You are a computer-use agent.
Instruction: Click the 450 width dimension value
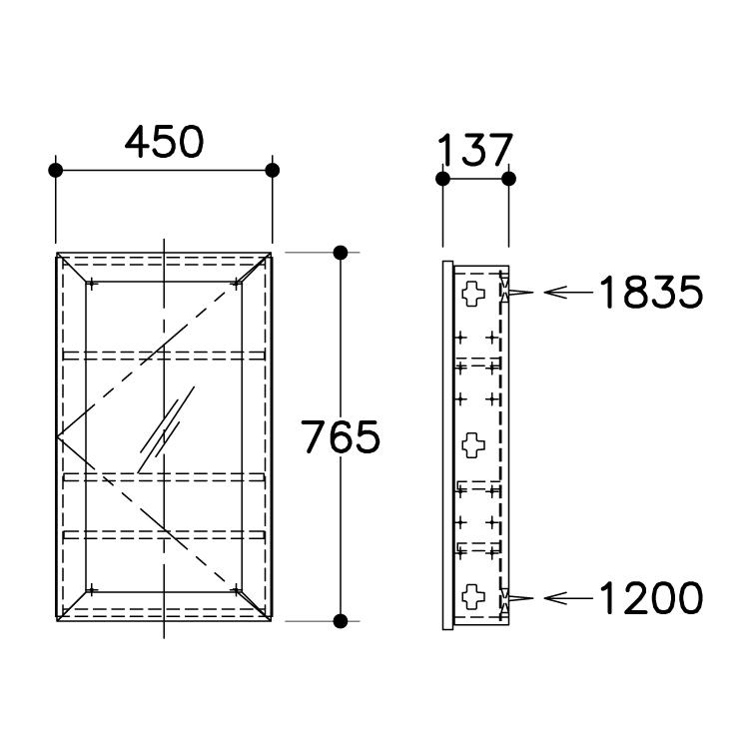click(165, 142)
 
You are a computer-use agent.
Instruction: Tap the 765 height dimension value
click(341, 436)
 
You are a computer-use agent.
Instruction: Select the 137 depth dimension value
click(474, 150)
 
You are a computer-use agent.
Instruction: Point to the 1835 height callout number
click(650, 292)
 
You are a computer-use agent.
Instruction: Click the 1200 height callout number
click(650, 597)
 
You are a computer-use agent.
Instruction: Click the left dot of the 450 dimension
click(56, 170)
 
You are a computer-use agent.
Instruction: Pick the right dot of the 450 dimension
click(273, 170)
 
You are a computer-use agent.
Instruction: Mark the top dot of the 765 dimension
click(341, 253)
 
